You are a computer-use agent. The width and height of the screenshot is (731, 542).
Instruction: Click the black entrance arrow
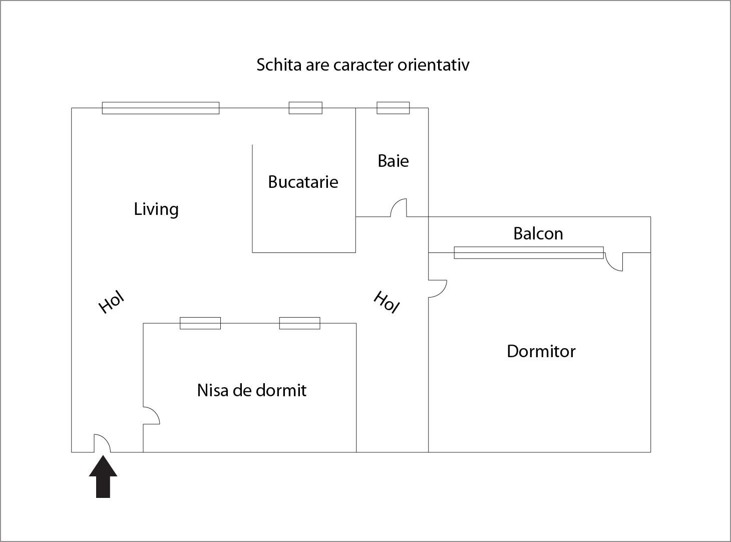[103, 478]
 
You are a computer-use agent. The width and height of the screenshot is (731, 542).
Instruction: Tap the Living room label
[156, 209]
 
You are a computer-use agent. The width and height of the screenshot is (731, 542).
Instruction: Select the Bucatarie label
[303, 182]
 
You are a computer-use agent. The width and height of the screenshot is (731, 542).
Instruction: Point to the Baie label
[393, 161]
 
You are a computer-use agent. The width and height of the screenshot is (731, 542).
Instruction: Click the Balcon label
[538, 233]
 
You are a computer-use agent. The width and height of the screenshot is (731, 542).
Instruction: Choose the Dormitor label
[541, 351]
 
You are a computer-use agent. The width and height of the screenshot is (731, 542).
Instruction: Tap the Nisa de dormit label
[251, 390]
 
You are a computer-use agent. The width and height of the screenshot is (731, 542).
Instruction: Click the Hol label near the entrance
[111, 302]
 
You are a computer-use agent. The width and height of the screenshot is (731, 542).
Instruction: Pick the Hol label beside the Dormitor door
[387, 302]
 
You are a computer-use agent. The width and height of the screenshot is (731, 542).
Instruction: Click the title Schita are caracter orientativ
[362, 65]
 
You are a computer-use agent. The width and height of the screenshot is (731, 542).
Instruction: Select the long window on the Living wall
[161, 108]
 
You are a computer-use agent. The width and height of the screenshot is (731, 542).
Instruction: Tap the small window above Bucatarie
[305, 108]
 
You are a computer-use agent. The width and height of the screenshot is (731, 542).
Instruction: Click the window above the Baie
[393, 108]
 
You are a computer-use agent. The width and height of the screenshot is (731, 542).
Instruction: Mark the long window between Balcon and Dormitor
[528, 252]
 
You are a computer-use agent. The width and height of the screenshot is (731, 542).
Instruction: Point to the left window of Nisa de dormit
[200, 323]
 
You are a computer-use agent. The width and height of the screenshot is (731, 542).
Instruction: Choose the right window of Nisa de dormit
[299, 323]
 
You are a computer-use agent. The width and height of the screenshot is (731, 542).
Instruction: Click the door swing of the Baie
[399, 208]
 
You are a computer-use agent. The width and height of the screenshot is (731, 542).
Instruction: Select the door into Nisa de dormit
[151, 415]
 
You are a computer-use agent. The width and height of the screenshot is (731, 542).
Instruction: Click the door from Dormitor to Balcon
[614, 261]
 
